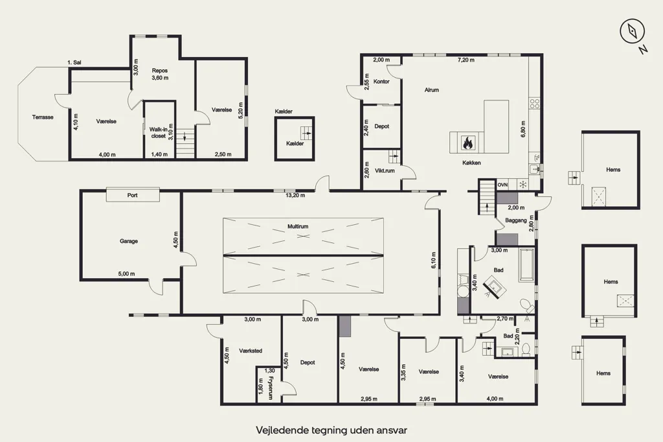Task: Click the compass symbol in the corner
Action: pos(632,31)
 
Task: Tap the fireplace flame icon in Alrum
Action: pos(467,143)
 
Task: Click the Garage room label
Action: pos(129,241)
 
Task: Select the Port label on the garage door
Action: pos(132,195)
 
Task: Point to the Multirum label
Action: pos(298,226)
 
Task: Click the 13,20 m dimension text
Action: pos(295,195)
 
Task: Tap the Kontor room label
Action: pos(381,81)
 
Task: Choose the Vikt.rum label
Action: pos(385,170)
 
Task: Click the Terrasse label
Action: pos(43,117)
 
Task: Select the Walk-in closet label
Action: pos(158,133)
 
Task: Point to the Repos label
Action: pos(160,71)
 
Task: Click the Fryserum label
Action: pos(271,388)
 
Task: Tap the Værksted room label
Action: pos(251,351)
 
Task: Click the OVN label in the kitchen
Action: pos(502,185)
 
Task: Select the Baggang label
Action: pos(516,220)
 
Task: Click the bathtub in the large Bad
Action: pos(526,265)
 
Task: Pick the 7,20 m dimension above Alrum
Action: pos(466,60)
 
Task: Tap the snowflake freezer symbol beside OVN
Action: pos(523,185)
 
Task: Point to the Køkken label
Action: pos(471,163)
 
